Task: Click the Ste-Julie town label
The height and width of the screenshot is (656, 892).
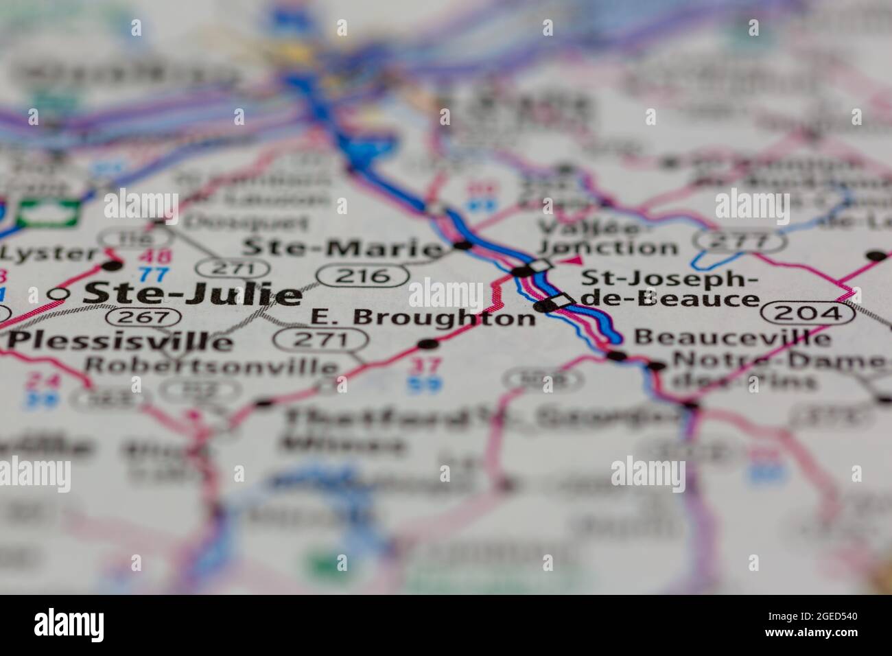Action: pyautogui.click(x=191, y=294)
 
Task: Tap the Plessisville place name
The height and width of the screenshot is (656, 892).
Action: pyautogui.click(x=120, y=340)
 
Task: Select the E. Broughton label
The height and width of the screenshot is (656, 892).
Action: pyautogui.click(x=423, y=318)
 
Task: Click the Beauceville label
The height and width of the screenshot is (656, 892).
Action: pyautogui.click(x=731, y=337)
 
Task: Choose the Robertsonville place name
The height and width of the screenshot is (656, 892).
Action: pyautogui.click(x=211, y=365)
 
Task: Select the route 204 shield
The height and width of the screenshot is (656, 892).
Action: pyautogui.click(x=808, y=313)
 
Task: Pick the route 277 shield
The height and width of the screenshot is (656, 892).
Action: pyautogui.click(x=739, y=241)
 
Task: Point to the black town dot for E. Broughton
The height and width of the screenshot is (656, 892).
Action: pyautogui.click(x=427, y=343)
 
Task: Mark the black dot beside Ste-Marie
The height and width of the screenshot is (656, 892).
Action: pyautogui.click(x=464, y=245)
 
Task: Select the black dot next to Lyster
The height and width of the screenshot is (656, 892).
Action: pyautogui.click(x=111, y=264)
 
